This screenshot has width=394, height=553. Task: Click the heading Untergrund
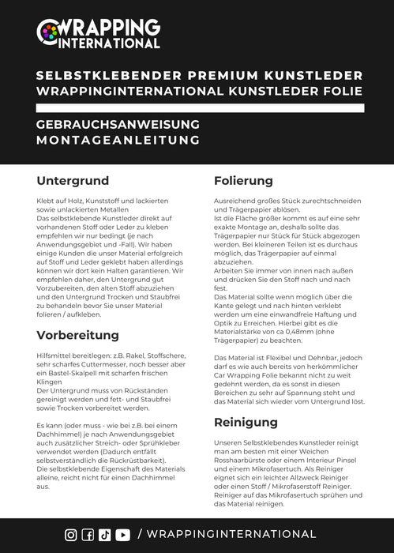tap(70, 182)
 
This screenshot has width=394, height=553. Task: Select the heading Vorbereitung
tap(77, 334)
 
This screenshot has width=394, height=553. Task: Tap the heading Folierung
tap(243, 182)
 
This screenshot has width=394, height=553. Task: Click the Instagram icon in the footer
tap(71, 535)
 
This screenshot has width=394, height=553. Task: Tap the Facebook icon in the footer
tap(88, 535)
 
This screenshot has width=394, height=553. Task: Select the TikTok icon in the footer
tap(104, 535)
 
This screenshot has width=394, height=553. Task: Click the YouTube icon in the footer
tap(122, 535)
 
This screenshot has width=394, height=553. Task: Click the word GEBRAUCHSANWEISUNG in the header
tap(118, 125)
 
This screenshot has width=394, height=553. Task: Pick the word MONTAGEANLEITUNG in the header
tap(118, 140)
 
